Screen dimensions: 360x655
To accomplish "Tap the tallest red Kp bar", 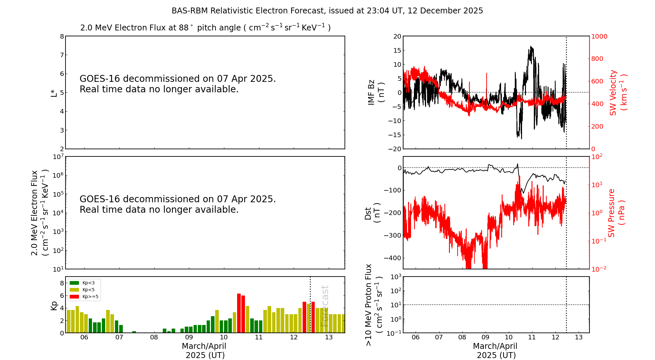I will tap(239, 313).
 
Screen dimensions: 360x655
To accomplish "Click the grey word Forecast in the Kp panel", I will tap(324, 306).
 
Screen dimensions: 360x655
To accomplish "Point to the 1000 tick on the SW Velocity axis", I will tap(599, 36).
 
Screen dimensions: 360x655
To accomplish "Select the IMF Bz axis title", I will tap(376, 93).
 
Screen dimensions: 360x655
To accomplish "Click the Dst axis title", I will tap(372, 213).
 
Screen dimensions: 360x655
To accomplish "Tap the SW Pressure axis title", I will tap(616, 213).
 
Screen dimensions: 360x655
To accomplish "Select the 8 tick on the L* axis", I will tap(62, 36).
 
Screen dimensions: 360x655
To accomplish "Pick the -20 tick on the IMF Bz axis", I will tap(394, 149).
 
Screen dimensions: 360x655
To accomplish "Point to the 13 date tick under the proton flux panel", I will tap(579, 337).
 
